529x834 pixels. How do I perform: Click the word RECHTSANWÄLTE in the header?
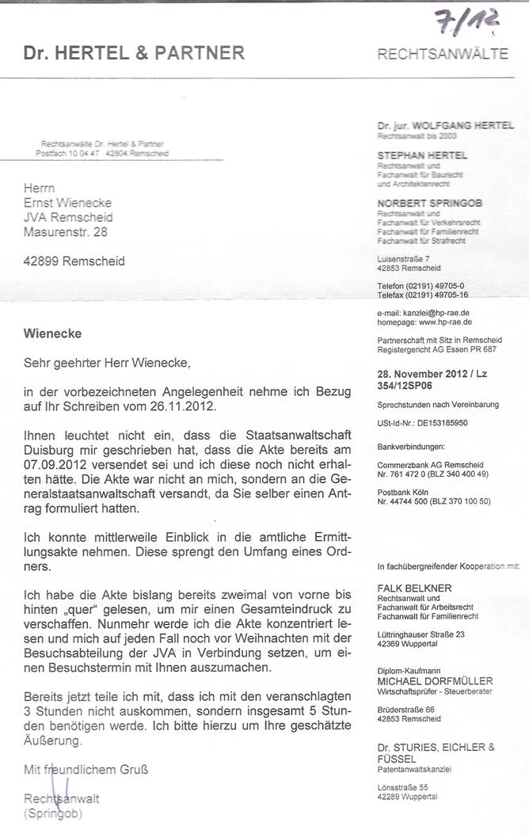[443, 55]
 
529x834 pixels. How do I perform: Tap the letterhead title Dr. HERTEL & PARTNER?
[134, 54]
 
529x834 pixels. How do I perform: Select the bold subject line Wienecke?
[52, 334]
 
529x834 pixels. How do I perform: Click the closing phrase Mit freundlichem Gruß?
[86, 768]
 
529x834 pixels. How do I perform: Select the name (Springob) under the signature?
[53, 813]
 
